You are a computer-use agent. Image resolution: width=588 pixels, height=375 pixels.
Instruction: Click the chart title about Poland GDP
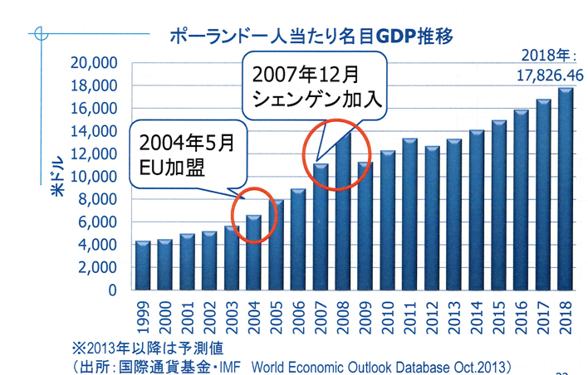tap(312, 37)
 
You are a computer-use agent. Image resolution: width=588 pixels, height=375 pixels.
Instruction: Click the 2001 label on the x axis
tap(187, 314)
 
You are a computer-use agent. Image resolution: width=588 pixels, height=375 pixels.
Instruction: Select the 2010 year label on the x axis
tap(387, 314)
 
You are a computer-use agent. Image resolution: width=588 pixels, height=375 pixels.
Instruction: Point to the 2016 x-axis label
tap(521, 314)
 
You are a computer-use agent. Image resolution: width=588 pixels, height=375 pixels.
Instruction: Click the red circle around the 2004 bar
tap(253, 213)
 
